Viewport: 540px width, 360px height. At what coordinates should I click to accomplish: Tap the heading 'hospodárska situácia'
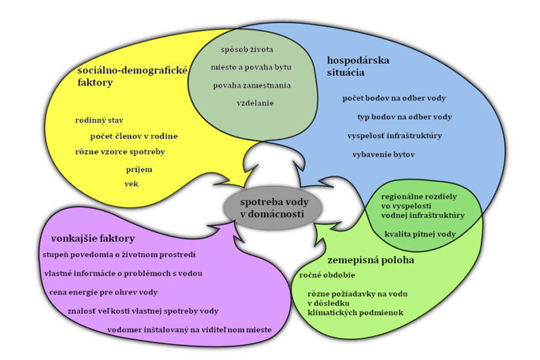point(357,66)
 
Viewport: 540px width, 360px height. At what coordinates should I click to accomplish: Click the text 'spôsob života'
point(248,50)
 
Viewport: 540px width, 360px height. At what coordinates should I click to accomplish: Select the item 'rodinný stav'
point(99,120)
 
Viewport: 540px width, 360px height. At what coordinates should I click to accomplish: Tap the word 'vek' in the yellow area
point(131,183)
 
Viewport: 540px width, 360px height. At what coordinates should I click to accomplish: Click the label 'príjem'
point(139,168)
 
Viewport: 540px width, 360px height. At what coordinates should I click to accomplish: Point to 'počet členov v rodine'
point(134,136)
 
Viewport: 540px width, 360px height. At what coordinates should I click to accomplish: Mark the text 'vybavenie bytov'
point(384,155)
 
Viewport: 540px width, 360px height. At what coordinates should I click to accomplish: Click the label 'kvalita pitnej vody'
point(420,234)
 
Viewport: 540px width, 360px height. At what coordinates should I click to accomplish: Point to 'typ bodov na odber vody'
point(404,117)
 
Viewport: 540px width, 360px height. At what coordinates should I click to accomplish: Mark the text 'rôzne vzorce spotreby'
point(120,152)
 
